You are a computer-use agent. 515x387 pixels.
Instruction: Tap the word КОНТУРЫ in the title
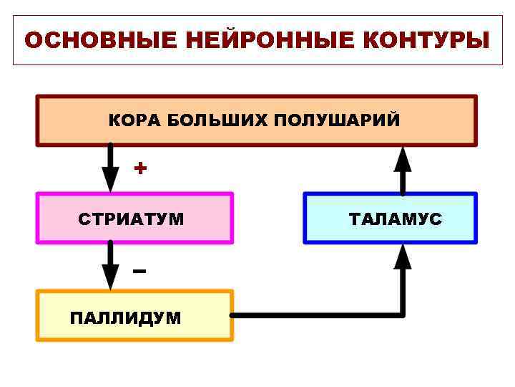(x=426, y=40)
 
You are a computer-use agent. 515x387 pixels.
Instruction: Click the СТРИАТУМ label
(x=131, y=219)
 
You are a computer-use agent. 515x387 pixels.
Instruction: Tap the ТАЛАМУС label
(x=396, y=219)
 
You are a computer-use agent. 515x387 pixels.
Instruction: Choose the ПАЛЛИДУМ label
(x=126, y=317)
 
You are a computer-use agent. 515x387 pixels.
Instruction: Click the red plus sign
(x=141, y=168)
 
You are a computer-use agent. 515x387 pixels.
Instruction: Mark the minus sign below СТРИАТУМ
(x=139, y=271)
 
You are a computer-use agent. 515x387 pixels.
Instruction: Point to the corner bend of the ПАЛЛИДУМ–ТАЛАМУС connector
(x=403, y=315)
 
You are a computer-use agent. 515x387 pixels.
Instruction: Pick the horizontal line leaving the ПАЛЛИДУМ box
(x=315, y=315)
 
